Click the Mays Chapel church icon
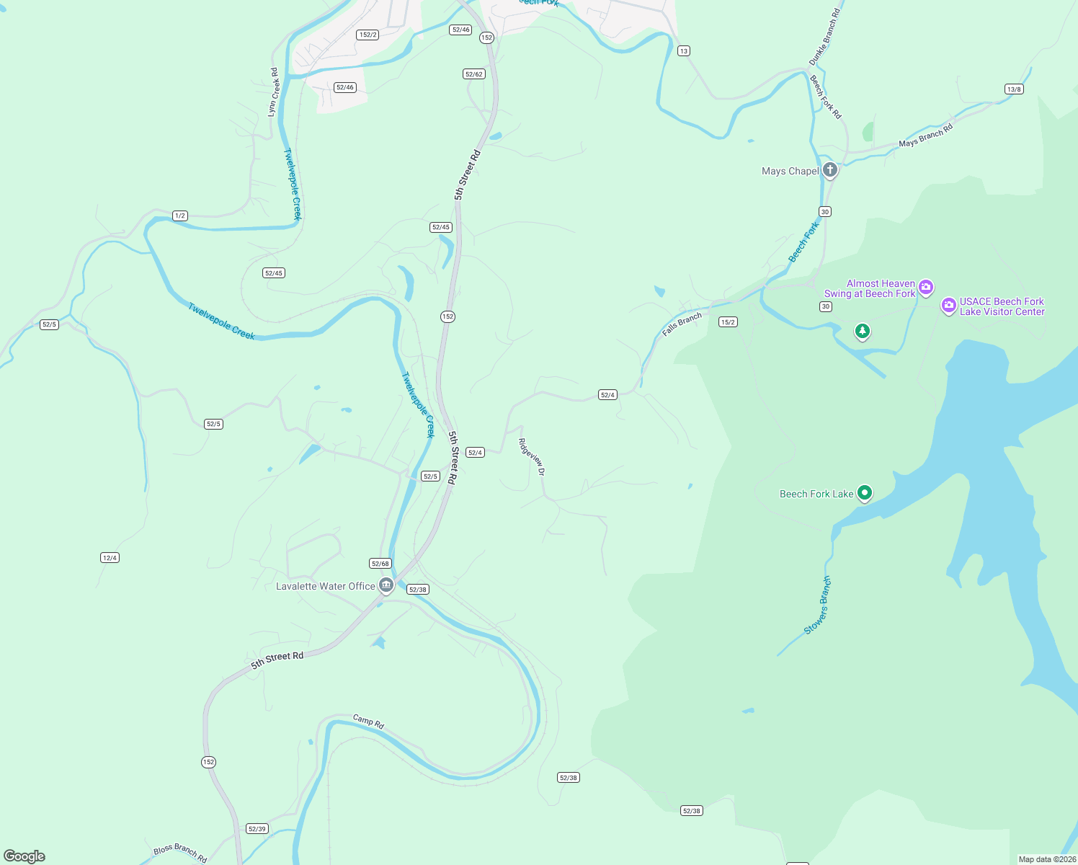tap(830, 170)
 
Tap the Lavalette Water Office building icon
tap(386, 585)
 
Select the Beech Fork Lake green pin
tap(865, 493)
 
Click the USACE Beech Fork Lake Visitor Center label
tap(1002, 306)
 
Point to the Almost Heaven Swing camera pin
tap(927, 288)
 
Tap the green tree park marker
tap(863, 331)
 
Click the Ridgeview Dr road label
tap(532, 457)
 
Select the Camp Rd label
tap(368, 721)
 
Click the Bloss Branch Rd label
tap(180, 853)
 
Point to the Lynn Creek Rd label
tap(273, 92)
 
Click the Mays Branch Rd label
tap(925, 135)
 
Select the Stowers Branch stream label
tap(818, 605)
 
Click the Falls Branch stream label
tap(682, 324)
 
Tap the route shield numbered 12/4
tap(110, 557)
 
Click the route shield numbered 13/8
tap(1014, 89)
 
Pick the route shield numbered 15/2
tap(728, 321)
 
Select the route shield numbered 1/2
tap(180, 216)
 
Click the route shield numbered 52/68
tap(380, 564)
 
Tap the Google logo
tap(24, 856)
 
